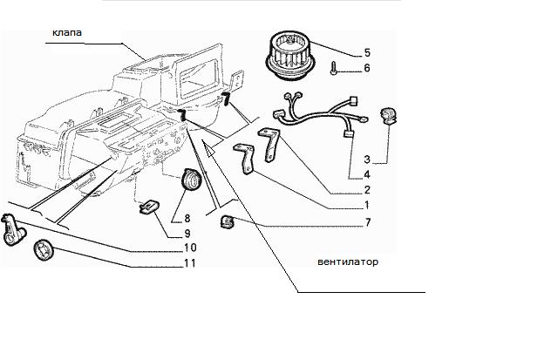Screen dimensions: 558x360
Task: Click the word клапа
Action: [x=67, y=33]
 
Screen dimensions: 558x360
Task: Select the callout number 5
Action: [x=367, y=52]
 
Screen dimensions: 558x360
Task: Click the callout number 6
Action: [x=367, y=68]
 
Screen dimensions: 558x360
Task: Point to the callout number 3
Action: [x=367, y=160]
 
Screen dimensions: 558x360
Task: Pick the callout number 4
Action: [x=367, y=174]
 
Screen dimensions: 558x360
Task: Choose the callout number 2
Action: [x=367, y=190]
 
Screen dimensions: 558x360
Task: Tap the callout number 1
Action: [x=367, y=205]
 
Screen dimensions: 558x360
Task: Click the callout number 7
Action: [x=368, y=222]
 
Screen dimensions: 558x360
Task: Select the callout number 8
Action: [x=187, y=218]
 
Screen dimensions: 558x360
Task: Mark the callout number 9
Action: [x=187, y=234]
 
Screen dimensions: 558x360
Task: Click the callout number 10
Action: [x=190, y=248]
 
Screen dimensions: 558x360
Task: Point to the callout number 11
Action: [x=190, y=263]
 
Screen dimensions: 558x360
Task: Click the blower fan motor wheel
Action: [x=289, y=55]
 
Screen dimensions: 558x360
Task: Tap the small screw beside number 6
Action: [x=333, y=68]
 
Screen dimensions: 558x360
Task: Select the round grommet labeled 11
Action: [x=44, y=250]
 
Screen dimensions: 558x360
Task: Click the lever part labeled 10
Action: [x=12, y=230]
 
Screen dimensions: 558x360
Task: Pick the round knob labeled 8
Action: [x=191, y=180]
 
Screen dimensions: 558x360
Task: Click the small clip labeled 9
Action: [x=149, y=207]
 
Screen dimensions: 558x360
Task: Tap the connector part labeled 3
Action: [x=388, y=116]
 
